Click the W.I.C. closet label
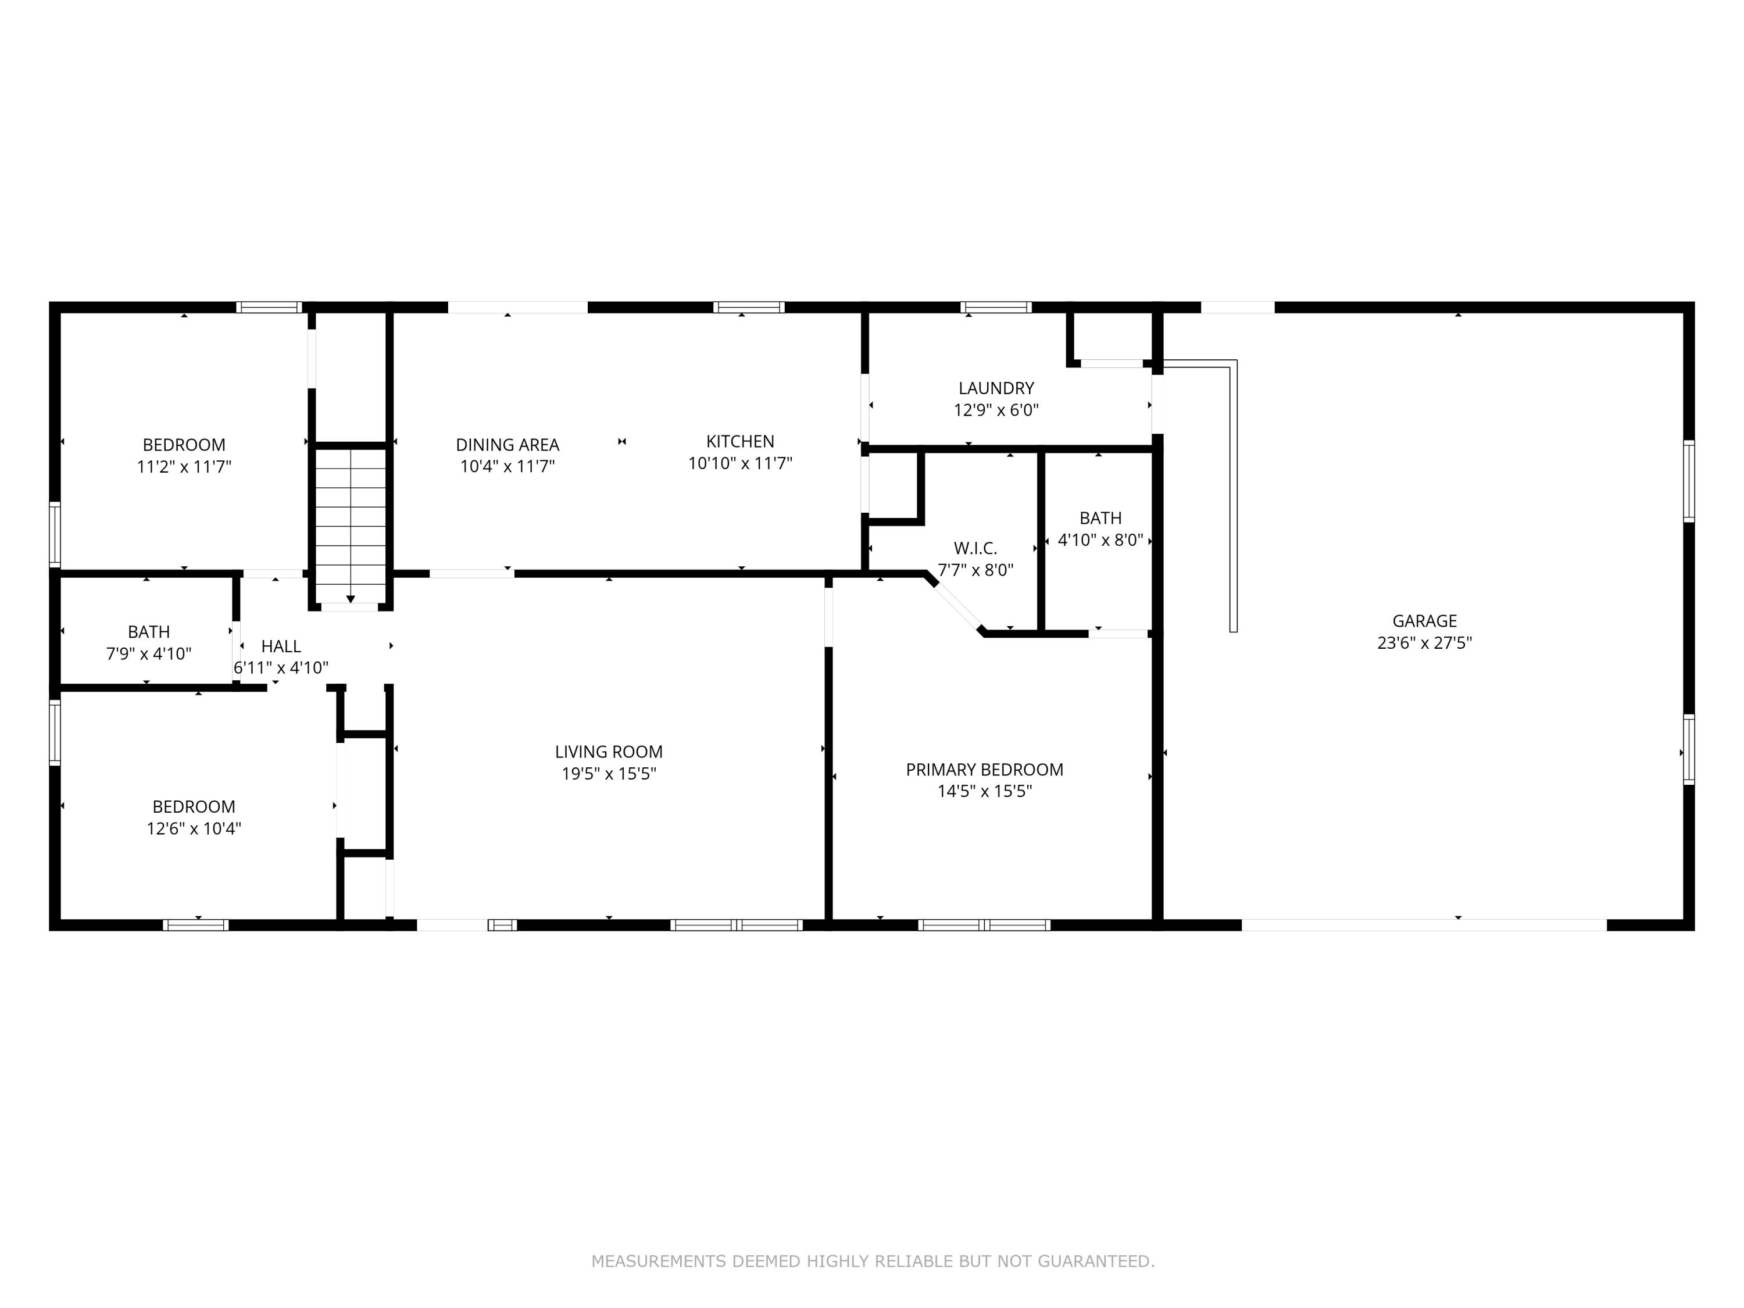click(975, 549)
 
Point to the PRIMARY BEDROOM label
click(984, 770)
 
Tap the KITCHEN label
click(739, 441)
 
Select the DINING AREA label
click(508, 445)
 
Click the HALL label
click(281, 646)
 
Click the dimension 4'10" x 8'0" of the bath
click(1100, 541)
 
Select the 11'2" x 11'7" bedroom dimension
click(184, 467)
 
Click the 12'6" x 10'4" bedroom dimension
click(194, 828)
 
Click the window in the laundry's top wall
click(996, 308)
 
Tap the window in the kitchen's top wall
click(748, 308)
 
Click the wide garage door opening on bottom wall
click(1424, 925)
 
